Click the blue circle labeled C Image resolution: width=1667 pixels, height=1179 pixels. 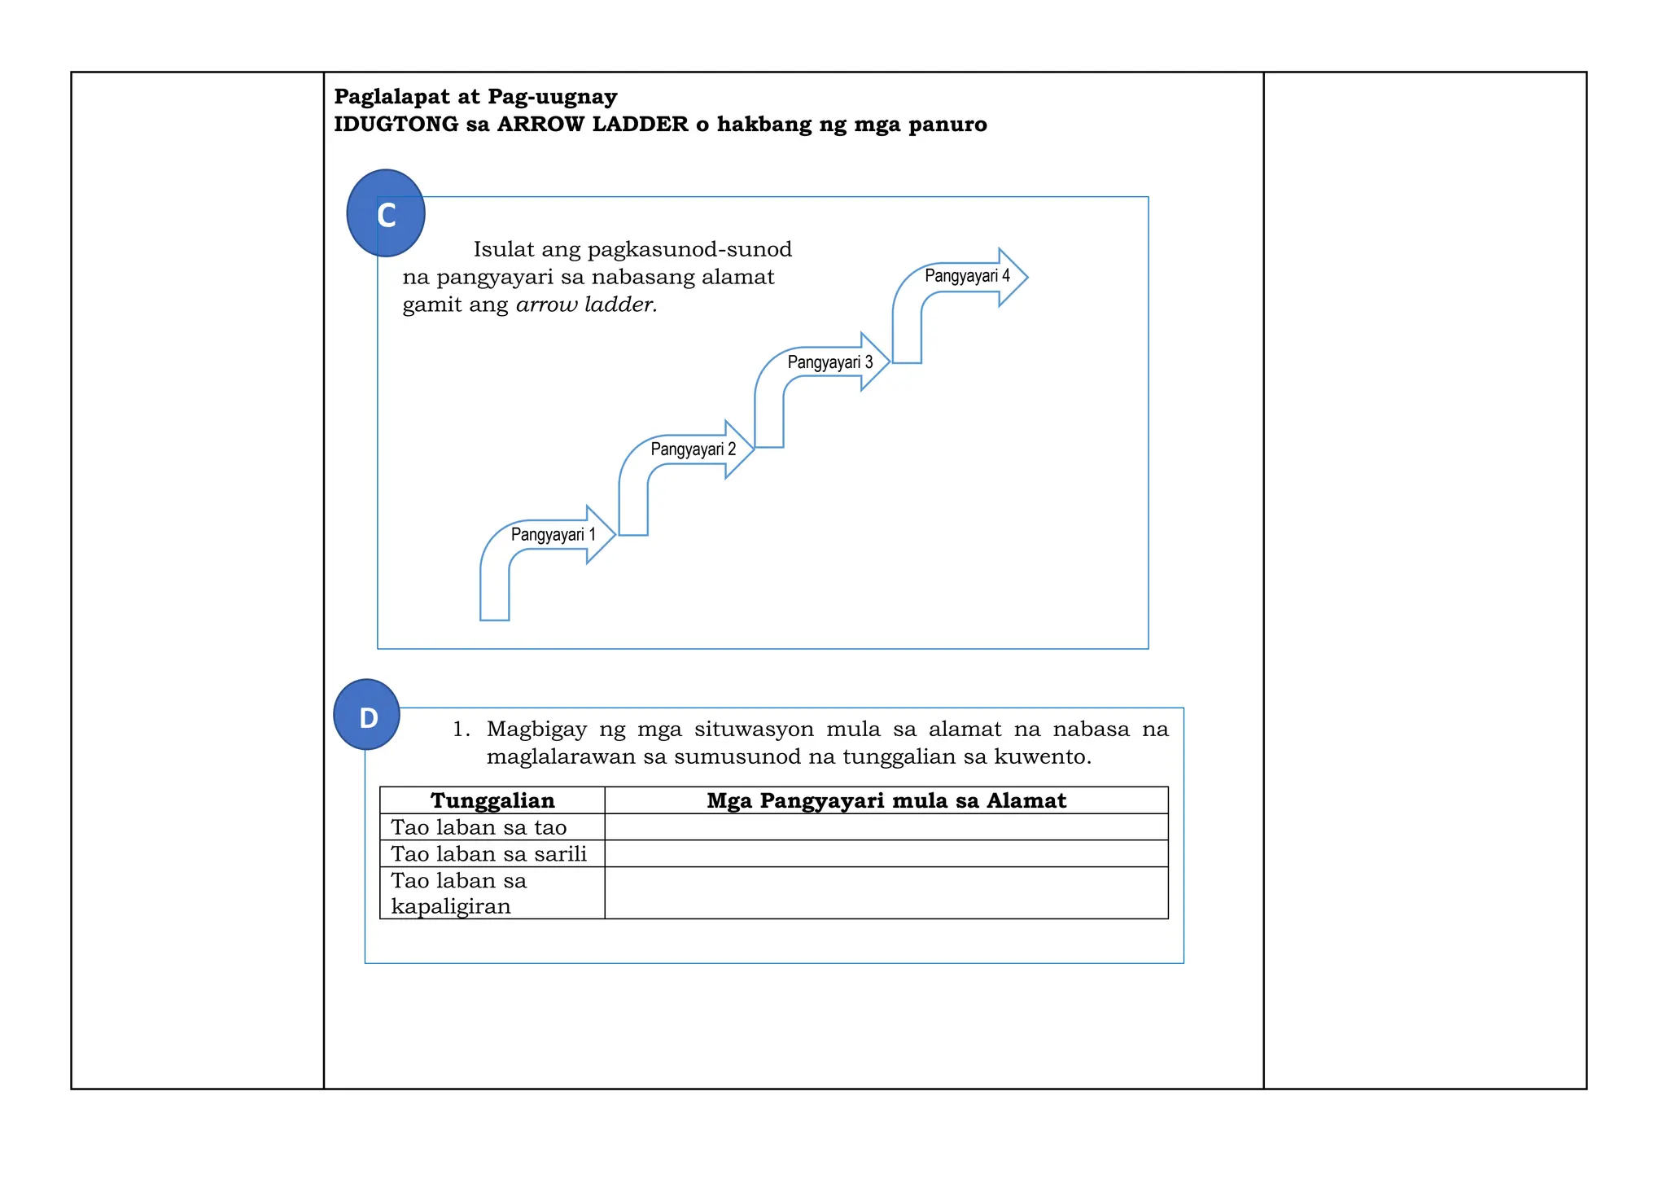[x=386, y=213]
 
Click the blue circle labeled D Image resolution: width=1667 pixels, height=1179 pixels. [x=367, y=715]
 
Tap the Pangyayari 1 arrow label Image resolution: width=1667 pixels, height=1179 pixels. [x=553, y=535]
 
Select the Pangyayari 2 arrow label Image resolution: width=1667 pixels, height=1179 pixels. [x=693, y=449]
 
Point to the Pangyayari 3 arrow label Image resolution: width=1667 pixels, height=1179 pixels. [x=829, y=362]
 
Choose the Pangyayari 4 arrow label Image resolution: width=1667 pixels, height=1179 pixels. [x=966, y=276]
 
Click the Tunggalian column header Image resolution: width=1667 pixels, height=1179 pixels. [x=492, y=800]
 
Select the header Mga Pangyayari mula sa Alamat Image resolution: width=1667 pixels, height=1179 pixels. [x=886, y=800]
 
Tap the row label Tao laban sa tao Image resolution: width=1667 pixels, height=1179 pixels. [x=479, y=827]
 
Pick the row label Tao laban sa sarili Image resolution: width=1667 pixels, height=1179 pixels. [x=488, y=854]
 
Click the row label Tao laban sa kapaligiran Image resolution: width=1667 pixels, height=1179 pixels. [x=458, y=893]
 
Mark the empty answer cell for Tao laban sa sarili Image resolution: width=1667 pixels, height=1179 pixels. [x=886, y=854]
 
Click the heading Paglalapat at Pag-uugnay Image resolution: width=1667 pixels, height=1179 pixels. [x=475, y=97]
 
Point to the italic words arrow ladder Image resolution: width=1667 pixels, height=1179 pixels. [x=586, y=305]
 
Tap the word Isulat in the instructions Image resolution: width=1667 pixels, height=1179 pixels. [x=504, y=249]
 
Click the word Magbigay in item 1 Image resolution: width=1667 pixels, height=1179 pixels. [x=536, y=729]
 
